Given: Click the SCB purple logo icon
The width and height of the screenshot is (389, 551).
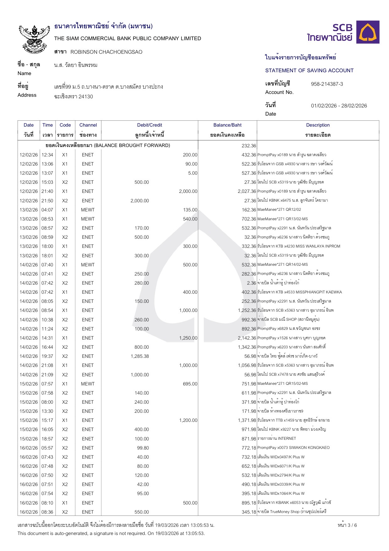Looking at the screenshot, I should [x=369, y=32].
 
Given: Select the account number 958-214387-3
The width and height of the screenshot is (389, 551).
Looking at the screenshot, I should [x=327, y=84].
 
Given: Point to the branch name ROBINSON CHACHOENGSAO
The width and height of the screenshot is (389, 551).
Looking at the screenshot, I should [x=106, y=52].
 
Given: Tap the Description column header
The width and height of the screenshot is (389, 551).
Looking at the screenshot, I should [x=318, y=125].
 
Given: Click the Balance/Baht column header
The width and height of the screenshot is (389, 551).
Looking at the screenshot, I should [x=227, y=125].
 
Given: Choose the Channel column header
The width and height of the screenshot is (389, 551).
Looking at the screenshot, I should [x=88, y=125].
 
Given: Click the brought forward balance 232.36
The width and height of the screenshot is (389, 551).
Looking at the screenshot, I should [x=249, y=146].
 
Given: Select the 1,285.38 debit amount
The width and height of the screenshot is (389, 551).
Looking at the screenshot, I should [x=140, y=356].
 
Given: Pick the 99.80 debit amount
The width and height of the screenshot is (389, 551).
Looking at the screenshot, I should [x=143, y=448].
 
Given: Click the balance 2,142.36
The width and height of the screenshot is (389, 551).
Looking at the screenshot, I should [x=247, y=338].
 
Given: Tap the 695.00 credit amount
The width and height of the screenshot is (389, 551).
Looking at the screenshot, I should [x=190, y=384].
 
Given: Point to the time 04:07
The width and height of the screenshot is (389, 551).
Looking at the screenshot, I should [x=47, y=210].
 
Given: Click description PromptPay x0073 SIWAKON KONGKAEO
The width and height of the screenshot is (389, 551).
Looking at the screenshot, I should [x=293, y=448].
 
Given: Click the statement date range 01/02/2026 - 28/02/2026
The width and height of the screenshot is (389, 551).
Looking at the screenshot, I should [x=339, y=106].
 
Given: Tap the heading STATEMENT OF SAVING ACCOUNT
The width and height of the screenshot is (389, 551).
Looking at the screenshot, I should [x=309, y=70].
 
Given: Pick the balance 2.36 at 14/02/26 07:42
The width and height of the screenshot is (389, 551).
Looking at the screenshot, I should [x=251, y=283].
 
